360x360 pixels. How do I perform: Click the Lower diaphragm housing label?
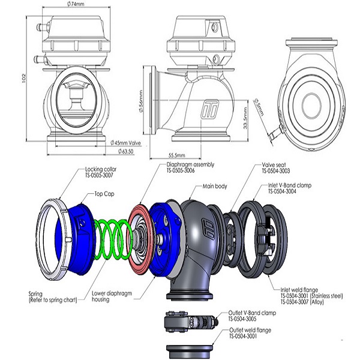click(x=112, y=298)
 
